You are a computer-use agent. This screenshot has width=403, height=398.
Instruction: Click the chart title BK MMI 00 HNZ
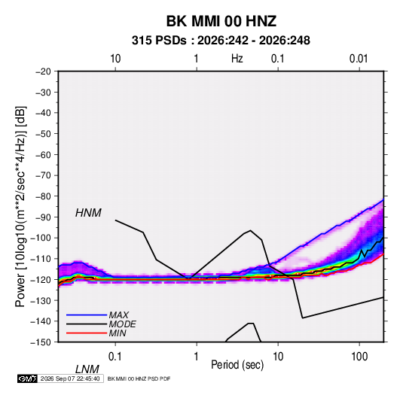[221, 21]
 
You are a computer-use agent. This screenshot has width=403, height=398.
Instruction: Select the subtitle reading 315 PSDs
[159, 41]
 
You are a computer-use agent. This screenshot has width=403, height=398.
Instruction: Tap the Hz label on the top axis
[237, 59]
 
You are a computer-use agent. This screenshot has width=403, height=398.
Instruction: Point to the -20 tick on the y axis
[43, 71]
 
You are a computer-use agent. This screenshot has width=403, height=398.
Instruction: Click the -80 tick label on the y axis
[43, 196]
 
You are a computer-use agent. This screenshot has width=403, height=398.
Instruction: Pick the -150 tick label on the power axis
[41, 342]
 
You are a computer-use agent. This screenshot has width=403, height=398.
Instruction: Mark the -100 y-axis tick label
[41, 238]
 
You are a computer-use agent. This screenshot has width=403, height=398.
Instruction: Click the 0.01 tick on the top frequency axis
[359, 59]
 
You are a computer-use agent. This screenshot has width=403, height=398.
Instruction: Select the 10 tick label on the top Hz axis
[115, 59]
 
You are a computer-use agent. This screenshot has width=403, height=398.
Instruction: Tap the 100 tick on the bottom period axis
[359, 357]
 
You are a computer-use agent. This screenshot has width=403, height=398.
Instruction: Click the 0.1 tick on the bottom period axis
[115, 357]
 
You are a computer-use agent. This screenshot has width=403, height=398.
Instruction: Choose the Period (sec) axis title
[237, 365]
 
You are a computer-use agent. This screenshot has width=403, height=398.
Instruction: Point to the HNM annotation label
[88, 213]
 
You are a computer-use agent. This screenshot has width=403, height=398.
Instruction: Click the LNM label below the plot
[87, 369]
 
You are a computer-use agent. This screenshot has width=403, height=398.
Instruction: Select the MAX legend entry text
[118, 315]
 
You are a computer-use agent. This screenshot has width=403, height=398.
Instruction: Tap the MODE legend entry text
[122, 324]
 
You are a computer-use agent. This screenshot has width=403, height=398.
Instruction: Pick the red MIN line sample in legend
[87, 333]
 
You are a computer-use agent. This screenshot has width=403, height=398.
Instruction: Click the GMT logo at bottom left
[27, 378]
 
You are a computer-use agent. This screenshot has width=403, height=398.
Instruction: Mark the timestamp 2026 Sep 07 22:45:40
[70, 378]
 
